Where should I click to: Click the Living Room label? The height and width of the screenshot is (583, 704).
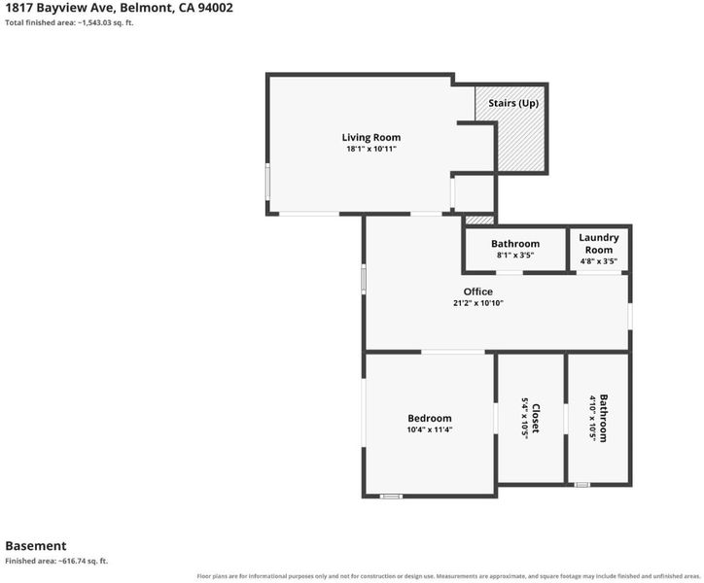[370, 137]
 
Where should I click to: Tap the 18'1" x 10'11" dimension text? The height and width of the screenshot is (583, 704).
[371, 149]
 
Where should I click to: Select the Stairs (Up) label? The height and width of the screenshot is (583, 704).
[513, 103]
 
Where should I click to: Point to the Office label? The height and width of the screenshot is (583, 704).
[477, 291]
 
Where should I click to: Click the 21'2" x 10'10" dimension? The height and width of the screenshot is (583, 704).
[478, 303]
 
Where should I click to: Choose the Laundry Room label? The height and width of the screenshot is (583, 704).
[598, 244]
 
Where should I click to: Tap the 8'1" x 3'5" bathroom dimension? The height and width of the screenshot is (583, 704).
[515, 255]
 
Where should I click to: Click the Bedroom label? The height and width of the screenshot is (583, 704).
[430, 418]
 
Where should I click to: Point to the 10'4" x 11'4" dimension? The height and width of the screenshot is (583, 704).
[430, 429]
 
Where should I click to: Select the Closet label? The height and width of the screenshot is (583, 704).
[536, 418]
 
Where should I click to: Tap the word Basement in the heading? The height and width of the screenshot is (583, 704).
[36, 546]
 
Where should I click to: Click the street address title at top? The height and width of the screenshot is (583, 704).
[119, 8]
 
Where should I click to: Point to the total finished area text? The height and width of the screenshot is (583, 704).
[69, 22]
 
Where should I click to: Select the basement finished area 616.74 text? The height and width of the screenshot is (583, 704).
[56, 561]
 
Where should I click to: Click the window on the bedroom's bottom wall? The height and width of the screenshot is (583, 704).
[391, 497]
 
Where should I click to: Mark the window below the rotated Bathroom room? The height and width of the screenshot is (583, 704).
[582, 485]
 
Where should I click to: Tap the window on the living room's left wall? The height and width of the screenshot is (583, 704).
[267, 182]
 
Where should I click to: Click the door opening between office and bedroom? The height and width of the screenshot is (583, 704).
[453, 352]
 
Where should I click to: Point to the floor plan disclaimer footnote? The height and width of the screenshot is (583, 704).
[448, 576]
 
